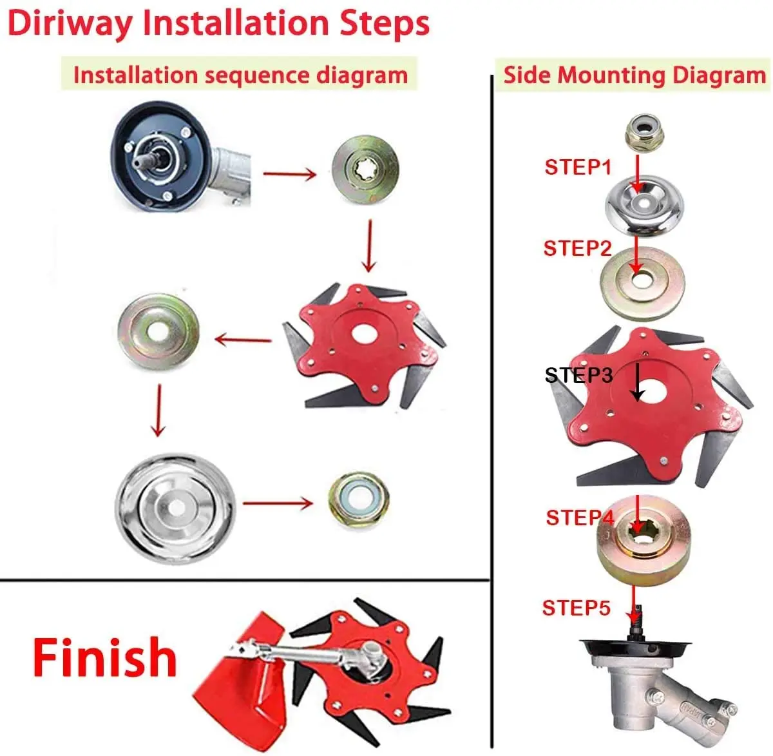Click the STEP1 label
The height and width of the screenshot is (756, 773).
[578, 168]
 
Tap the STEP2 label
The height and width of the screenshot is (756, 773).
[577, 249]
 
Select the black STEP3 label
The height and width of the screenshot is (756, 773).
[578, 376]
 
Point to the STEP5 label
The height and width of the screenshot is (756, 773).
[576, 608]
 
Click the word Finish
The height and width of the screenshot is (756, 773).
[105, 657]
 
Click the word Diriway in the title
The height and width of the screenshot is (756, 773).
[71, 23]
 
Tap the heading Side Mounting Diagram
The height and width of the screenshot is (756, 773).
[635, 75]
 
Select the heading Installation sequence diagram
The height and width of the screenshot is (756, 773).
[240, 75]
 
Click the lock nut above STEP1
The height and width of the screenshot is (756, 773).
[640, 133]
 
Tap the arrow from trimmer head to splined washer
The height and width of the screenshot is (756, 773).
[290, 173]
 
